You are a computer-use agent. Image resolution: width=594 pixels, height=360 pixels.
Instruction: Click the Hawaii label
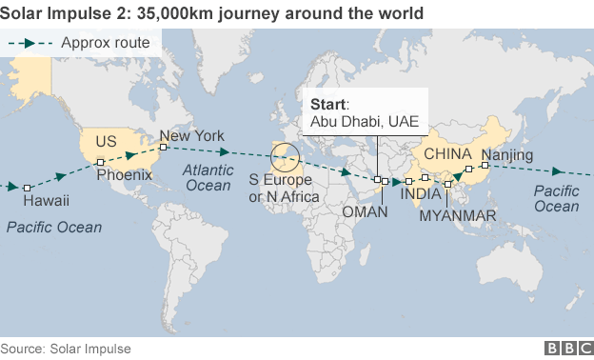pyautogui.click(x=46, y=202)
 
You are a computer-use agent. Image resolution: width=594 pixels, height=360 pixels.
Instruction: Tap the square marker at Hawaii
pyautogui.click(x=28, y=188)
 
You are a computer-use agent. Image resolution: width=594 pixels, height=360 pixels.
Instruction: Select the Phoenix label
pyautogui.click(x=124, y=175)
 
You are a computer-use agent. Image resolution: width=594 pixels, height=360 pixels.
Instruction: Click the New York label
pyautogui.click(x=192, y=136)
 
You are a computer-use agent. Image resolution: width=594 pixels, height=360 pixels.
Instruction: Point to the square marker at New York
pyautogui.click(x=164, y=147)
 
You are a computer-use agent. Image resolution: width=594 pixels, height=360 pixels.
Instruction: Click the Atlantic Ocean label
pyautogui.click(x=208, y=177)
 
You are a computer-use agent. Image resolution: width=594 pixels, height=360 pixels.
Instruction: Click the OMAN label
pyautogui.click(x=365, y=211)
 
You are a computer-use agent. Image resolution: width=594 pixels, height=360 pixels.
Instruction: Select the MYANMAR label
pyautogui.click(x=458, y=216)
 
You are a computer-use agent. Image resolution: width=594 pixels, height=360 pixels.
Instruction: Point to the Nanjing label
pyautogui.click(x=507, y=155)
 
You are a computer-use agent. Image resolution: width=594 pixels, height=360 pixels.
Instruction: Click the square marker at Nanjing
pyautogui.click(x=485, y=166)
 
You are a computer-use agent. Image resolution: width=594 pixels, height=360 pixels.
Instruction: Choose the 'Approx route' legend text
pyautogui.click(x=106, y=42)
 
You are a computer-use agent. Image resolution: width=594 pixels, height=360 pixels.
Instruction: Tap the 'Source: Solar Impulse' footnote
pyautogui.click(x=66, y=350)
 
